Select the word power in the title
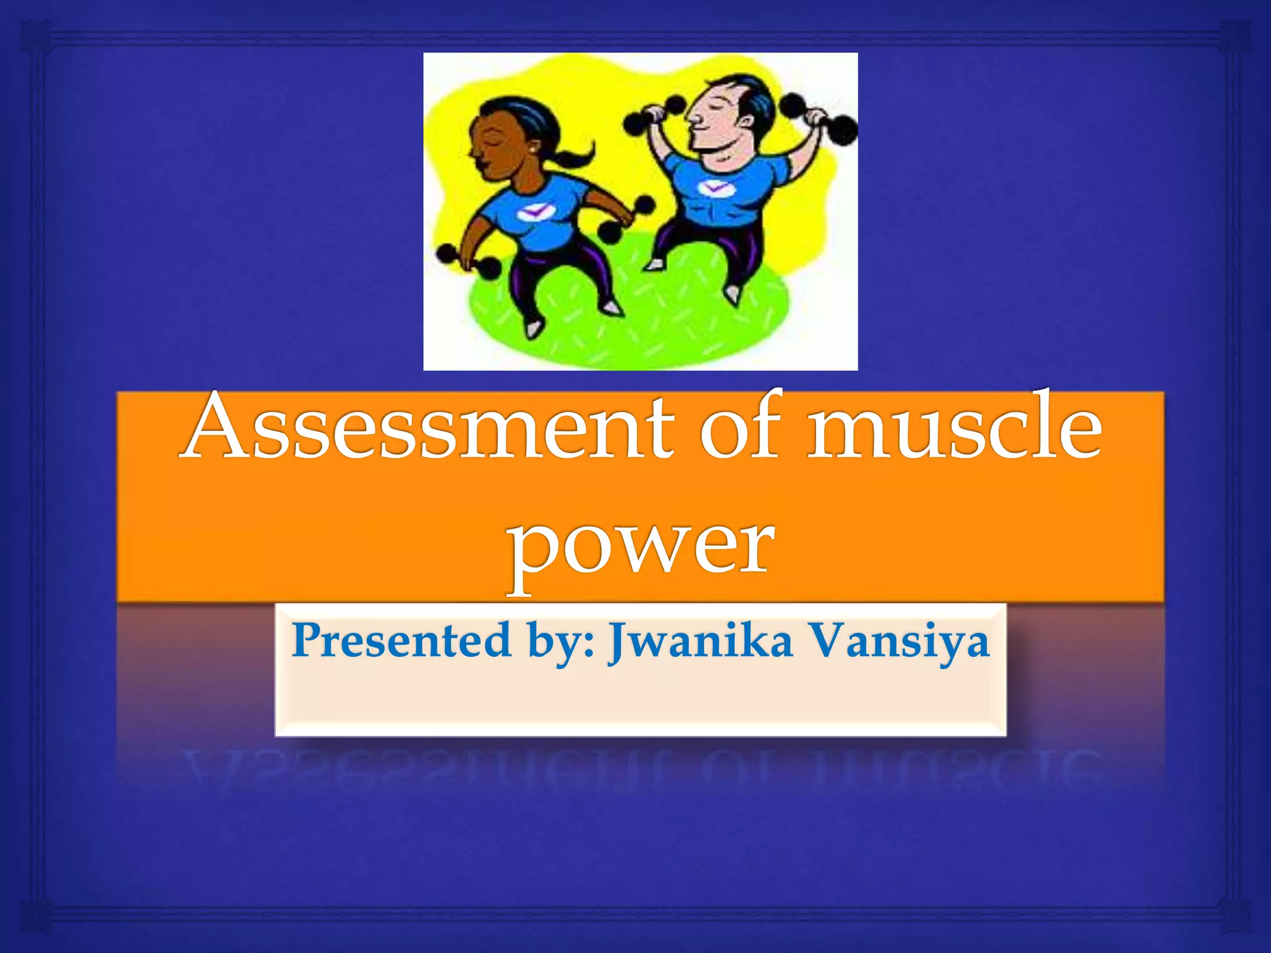tap(640, 546)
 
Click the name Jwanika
tap(700, 642)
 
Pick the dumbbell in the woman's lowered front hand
tap(469, 261)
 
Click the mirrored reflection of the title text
tap(639, 769)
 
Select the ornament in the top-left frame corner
tap(36, 35)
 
